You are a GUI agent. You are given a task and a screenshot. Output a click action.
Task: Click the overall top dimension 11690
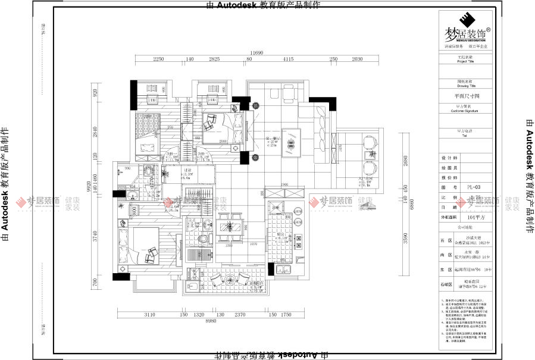(256, 53)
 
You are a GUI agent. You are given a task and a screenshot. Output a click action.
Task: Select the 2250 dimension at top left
(158, 60)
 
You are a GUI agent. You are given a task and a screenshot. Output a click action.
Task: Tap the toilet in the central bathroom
(204, 239)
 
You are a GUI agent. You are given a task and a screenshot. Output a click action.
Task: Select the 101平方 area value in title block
(474, 217)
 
